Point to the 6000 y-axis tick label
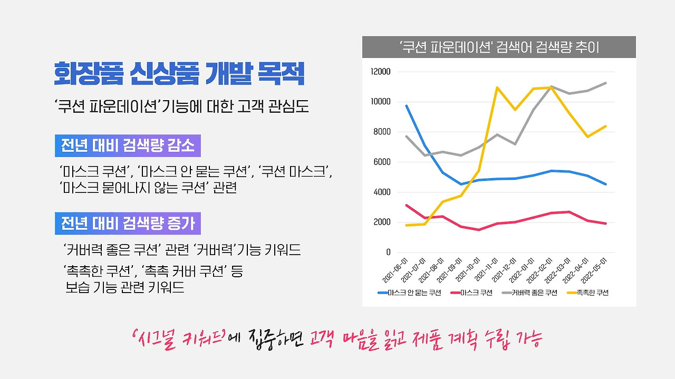pos(382,162)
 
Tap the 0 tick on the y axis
pos(388,252)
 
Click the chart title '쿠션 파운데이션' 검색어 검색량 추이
pos(499,47)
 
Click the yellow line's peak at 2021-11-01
pos(497,88)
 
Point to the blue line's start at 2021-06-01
pos(407,106)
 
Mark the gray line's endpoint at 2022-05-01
pos(606,83)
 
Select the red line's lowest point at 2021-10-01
pos(479,230)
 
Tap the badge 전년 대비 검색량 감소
pos(128,147)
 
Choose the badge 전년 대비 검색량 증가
pos(128,224)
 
